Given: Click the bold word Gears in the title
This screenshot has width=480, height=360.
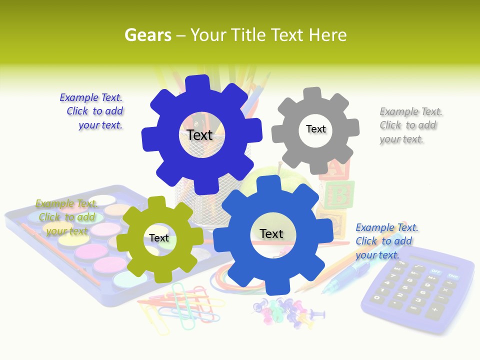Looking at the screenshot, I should [x=147, y=35].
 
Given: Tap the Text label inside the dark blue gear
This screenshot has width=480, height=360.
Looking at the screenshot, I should [x=200, y=135].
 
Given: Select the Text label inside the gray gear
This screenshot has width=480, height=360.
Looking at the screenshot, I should [x=316, y=129].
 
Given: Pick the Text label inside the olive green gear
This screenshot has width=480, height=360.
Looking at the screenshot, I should [x=159, y=238].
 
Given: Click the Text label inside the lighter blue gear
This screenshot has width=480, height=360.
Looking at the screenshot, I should [x=271, y=233].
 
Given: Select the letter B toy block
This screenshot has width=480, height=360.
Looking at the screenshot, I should [x=338, y=195].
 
